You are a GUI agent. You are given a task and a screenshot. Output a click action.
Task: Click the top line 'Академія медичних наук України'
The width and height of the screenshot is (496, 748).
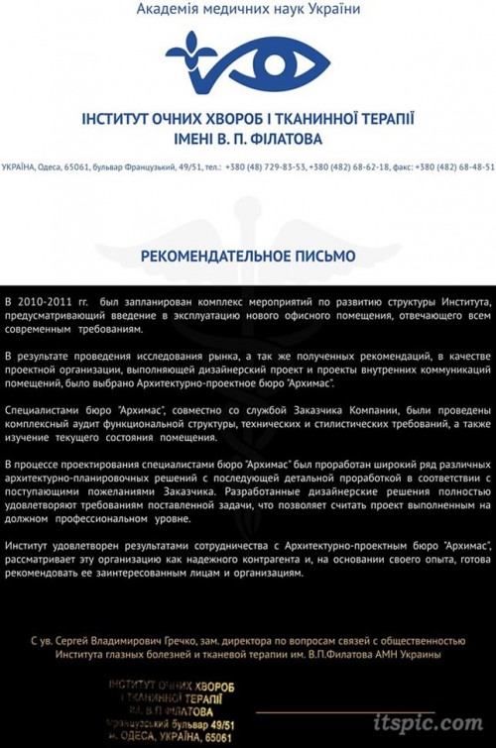248,10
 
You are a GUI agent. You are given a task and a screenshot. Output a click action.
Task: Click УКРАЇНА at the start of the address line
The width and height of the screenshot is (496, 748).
19,167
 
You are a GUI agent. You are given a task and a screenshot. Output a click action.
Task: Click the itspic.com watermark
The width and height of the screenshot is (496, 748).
430,724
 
